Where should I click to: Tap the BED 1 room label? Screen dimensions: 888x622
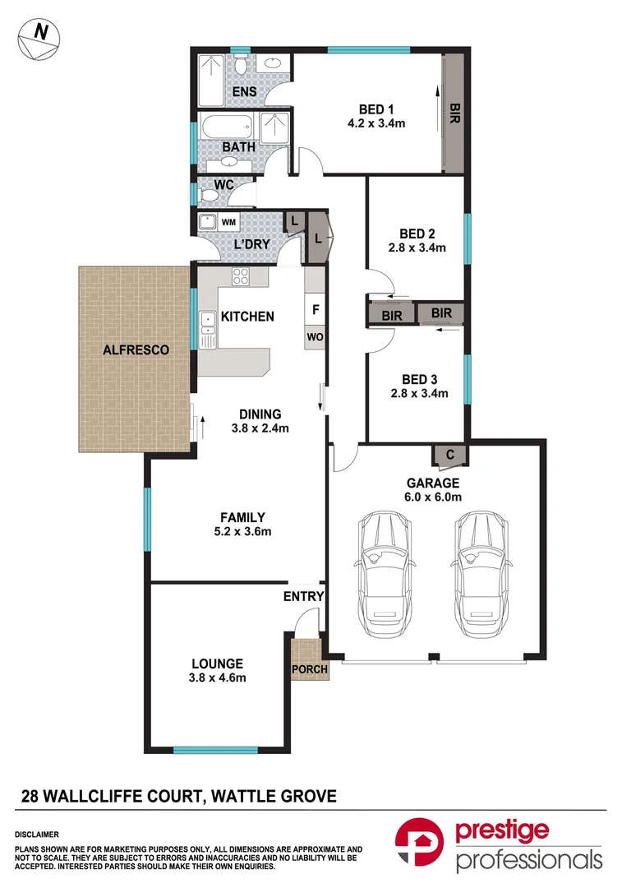coord(377,109)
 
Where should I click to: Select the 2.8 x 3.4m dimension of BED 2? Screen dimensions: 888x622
coord(417,247)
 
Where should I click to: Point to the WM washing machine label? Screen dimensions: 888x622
coord(229,222)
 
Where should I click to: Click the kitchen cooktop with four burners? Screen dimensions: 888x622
coord(241,277)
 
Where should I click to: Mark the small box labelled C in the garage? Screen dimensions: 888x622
coord(450,455)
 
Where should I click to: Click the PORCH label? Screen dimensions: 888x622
coord(310,669)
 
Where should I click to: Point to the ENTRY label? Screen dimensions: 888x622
coord(304,597)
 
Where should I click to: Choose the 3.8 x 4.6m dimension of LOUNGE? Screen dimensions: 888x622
coord(217,678)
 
